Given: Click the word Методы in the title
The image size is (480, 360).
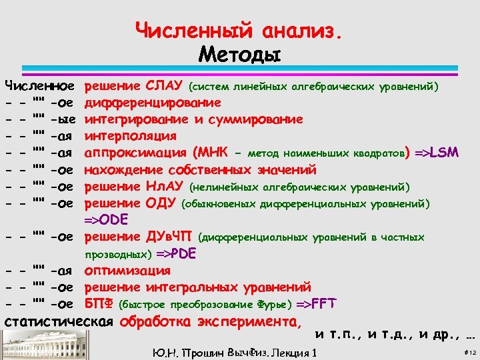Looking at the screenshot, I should (239, 53).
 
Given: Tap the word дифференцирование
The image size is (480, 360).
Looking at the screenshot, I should (153, 103).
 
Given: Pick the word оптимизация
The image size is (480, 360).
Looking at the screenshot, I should (127, 271).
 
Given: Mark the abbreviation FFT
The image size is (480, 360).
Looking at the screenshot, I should (321, 304).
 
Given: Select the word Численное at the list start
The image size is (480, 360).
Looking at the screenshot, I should (39, 86).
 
